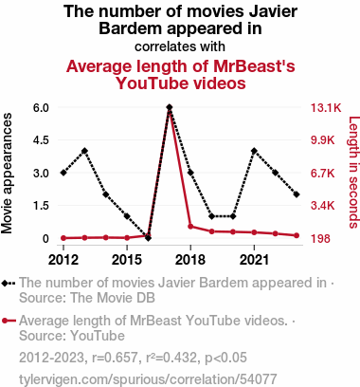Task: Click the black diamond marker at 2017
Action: coord(170,107)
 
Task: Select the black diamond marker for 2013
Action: coord(84,151)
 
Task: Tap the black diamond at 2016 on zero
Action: coord(148,238)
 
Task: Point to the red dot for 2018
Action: coord(190,227)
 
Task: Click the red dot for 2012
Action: coord(63,238)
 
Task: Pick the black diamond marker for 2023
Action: coord(297,194)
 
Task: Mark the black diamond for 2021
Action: coord(254,151)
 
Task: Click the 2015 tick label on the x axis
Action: coord(127,260)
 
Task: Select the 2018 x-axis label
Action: coord(190,260)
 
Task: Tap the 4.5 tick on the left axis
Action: coord(41,140)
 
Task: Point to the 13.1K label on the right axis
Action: coord(326,108)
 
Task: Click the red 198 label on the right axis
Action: coord(320,239)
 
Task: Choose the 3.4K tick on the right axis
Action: coord(322,206)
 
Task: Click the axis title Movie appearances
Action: coord(7,174)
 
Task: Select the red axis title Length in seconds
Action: coord(353,173)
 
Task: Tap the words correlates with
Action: coord(180,46)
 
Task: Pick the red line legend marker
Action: coord(9,321)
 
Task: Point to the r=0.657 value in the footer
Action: coord(115,358)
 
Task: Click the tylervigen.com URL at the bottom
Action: coord(148,379)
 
